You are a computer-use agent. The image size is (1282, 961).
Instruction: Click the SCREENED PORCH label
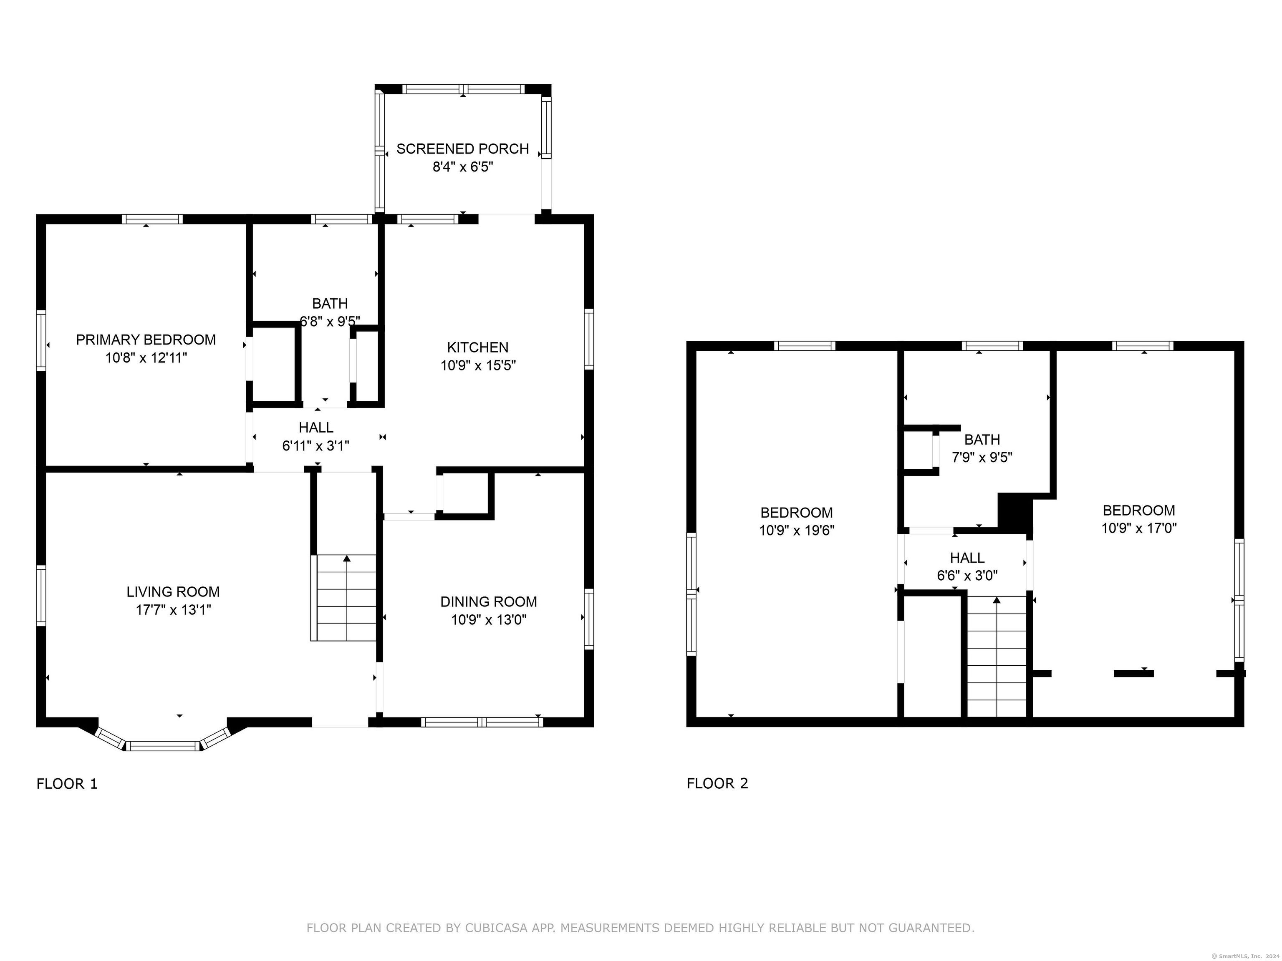click(462, 149)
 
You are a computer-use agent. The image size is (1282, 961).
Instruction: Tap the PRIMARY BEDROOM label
click(146, 340)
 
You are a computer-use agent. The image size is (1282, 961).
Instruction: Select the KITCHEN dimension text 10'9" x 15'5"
click(478, 365)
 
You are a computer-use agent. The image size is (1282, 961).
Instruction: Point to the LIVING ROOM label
click(173, 592)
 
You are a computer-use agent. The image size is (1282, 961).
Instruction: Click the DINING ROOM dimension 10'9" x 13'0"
click(489, 620)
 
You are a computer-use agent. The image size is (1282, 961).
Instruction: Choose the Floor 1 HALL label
click(316, 428)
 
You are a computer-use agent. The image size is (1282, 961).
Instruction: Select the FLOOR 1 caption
click(67, 784)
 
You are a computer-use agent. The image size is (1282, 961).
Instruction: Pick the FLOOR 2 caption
click(717, 784)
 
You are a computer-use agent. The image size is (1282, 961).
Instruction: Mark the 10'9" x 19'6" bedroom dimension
click(797, 531)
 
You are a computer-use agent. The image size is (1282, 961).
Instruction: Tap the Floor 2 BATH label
click(982, 440)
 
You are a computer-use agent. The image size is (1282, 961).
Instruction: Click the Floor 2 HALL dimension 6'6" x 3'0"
click(967, 576)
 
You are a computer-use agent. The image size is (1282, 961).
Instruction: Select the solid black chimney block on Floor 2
click(1015, 513)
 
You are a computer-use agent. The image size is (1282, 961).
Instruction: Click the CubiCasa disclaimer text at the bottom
click(641, 928)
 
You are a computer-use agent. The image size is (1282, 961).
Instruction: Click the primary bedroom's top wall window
click(152, 219)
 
